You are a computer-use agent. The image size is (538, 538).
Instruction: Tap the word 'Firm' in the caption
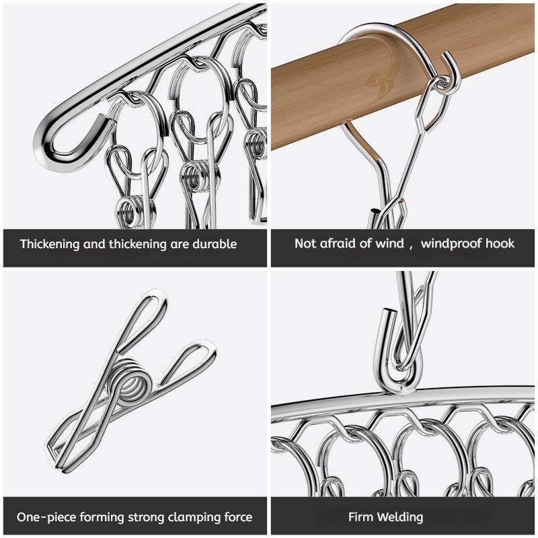click(x=360, y=517)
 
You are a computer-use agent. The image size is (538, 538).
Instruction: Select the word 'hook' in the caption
click(x=499, y=243)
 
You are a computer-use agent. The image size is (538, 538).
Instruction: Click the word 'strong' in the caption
click(x=138, y=517)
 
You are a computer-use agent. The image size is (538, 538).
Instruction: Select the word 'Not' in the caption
click(x=305, y=243)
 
